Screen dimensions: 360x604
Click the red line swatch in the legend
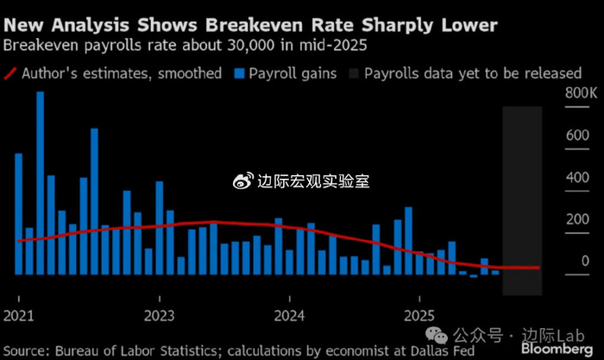point(15,73)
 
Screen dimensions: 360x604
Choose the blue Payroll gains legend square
point(239,73)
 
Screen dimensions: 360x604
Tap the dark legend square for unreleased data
point(352,73)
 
